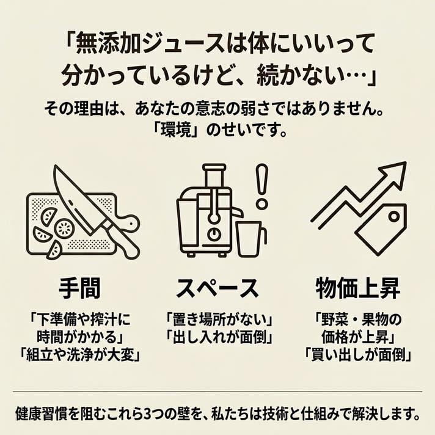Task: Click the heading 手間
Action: [79, 288]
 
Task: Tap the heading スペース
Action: [217, 288]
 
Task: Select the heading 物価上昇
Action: [357, 288]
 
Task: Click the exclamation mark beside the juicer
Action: [261, 186]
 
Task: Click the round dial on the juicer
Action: [214, 233]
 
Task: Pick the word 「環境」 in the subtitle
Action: [174, 130]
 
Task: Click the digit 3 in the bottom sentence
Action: [148, 414]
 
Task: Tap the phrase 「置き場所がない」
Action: [219, 320]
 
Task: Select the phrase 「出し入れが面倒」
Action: [219, 337]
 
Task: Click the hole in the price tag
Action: [393, 216]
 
